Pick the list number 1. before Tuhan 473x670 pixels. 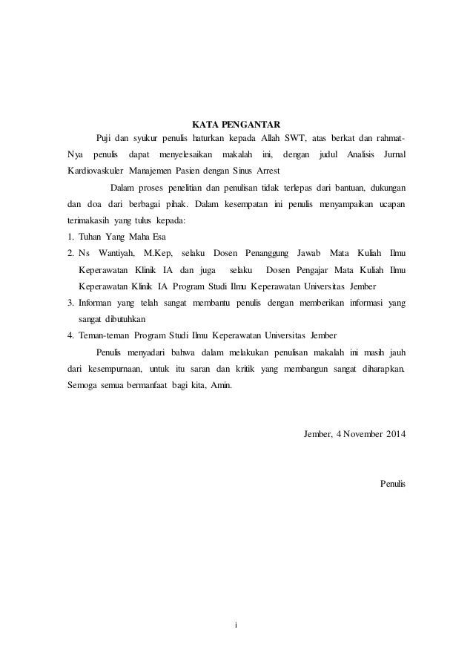point(70,237)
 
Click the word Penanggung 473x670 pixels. point(265,253)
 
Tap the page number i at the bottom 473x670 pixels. point(236,624)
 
